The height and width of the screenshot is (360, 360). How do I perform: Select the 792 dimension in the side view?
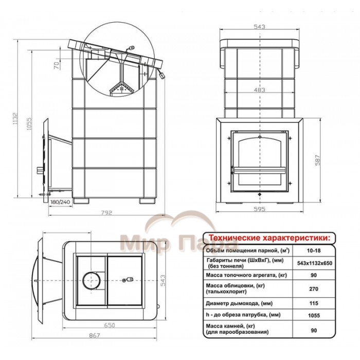coord(107,212)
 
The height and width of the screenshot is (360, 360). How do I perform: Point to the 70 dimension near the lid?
coord(57,65)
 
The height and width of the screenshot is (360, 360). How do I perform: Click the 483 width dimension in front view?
coord(259,90)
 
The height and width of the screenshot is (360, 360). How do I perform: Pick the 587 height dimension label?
coord(317,160)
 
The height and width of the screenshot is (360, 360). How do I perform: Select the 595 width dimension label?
coord(259,209)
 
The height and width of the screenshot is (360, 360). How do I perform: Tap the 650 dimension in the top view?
coord(110,326)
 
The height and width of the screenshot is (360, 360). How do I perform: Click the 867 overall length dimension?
coord(94,336)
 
